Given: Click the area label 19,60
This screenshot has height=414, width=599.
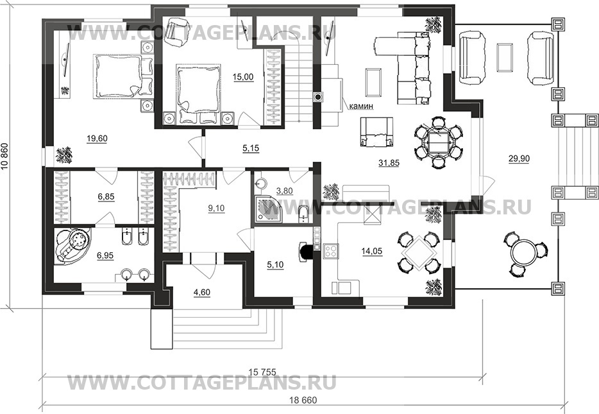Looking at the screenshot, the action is click(97, 139).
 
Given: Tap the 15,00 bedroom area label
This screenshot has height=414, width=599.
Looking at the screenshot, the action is click(243, 77).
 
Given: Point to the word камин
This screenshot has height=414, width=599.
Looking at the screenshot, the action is click(361, 107).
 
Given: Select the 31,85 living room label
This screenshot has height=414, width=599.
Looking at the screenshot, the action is click(389, 163).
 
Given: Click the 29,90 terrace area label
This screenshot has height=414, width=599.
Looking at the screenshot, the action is click(519, 159).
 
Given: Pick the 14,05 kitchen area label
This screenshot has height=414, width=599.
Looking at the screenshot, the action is click(372, 251).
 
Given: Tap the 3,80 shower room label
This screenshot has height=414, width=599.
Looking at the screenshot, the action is click(284, 191).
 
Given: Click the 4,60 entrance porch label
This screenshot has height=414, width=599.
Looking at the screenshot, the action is click(202, 293).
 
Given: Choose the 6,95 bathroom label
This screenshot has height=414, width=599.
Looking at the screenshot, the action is click(105, 255).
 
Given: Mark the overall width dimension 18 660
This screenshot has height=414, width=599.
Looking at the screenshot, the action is click(304, 401).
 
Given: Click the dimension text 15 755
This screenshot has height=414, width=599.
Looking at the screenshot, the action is click(262, 371).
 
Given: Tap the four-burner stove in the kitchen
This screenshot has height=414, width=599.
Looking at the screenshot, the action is click(331, 251).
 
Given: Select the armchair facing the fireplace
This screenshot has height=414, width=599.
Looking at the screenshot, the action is click(376, 131).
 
